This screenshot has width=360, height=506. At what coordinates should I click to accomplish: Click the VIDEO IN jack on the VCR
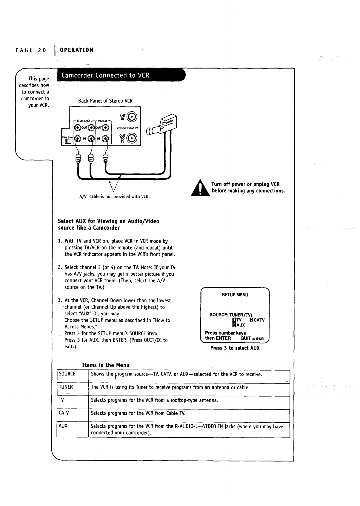click(x=105, y=139)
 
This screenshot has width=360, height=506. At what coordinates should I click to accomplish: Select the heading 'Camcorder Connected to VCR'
click(x=105, y=75)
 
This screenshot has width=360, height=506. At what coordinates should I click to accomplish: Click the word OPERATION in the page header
click(x=77, y=50)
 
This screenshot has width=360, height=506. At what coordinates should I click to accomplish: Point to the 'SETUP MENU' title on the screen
click(x=235, y=295)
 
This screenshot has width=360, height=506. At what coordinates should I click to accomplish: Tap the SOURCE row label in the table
click(x=67, y=374)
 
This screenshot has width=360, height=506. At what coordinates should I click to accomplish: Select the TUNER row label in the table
click(x=66, y=387)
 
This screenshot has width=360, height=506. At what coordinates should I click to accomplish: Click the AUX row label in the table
click(x=63, y=426)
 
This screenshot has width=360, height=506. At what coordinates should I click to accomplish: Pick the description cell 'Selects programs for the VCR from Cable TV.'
click(x=138, y=413)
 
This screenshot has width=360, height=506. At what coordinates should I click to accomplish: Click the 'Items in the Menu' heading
click(x=106, y=365)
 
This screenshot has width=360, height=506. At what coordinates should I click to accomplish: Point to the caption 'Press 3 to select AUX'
click(x=235, y=348)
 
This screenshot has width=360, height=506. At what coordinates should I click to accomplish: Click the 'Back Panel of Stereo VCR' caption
click(x=105, y=101)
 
